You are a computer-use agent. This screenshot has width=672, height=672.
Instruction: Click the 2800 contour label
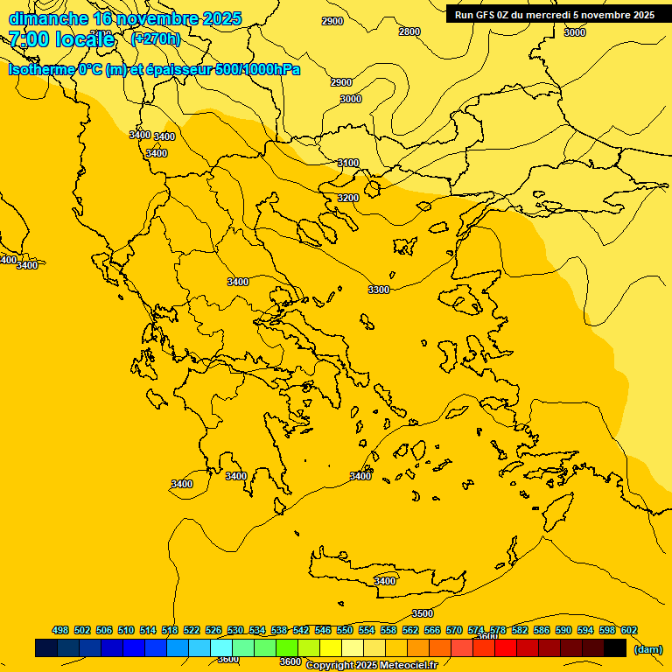[x=409, y=31]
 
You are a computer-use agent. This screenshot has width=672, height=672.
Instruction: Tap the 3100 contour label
[x=348, y=164]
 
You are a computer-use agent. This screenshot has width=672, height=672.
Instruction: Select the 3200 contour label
[x=348, y=199]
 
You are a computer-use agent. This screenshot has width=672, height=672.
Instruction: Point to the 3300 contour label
[x=379, y=290]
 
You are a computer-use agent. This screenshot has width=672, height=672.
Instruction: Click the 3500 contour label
[x=423, y=613]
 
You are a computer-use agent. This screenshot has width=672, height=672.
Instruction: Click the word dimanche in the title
[x=48, y=18]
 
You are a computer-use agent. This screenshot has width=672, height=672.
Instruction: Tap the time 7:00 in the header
[x=29, y=39]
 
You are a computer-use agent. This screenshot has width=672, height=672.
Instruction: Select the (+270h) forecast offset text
[x=155, y=38]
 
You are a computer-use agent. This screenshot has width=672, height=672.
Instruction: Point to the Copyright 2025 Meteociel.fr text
[x=371, y=666]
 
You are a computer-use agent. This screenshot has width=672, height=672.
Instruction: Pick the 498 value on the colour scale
[x=60, y=630]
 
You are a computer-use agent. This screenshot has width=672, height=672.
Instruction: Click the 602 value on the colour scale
[x=629, y=630]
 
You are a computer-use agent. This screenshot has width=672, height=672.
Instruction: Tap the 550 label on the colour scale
[x=345, y=630]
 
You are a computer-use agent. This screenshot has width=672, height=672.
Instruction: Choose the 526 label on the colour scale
[x=213, y=630]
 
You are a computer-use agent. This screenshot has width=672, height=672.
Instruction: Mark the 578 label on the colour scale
[x=498, y=630]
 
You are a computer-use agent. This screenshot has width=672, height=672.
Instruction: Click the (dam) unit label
[x=647, y=649]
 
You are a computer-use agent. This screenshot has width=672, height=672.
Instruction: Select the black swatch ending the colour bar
[x=615, y=647]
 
